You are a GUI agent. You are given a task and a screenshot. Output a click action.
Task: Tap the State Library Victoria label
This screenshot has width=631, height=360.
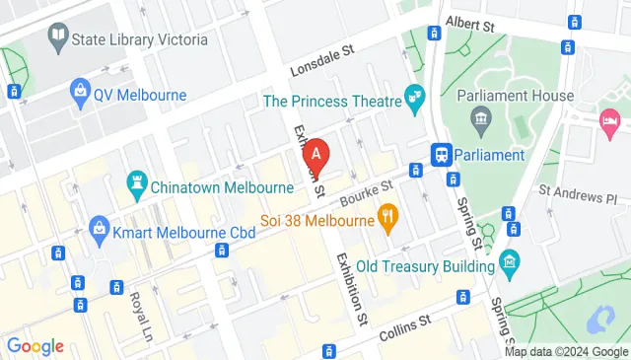pos(141,39)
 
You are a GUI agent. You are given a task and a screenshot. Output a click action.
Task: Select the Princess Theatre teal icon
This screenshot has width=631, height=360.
pos(415,99)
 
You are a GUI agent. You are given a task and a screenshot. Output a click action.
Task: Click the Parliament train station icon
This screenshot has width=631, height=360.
pos(442,155)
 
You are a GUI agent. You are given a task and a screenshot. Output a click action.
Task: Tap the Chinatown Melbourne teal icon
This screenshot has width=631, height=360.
pos(137,181)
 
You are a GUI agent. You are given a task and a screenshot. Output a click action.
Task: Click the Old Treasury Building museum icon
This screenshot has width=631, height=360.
pos(509,261)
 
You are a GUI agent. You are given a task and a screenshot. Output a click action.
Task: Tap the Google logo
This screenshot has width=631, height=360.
pos(35,346)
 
